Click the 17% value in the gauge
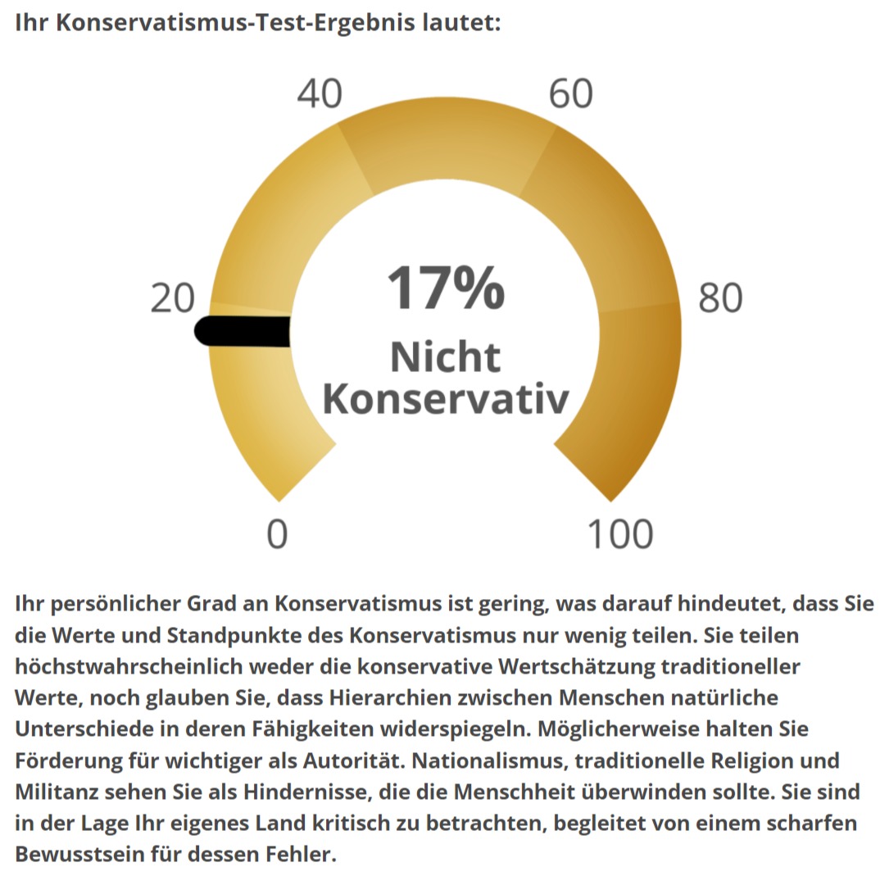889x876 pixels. [x=446, y=288]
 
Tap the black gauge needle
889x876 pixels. [x=243, y=331]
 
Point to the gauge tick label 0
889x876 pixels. [x=278, y=534]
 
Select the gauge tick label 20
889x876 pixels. [x=173, y=299]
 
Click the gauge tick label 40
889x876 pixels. [x=320, y=94]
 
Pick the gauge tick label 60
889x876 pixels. [x=570, y=94]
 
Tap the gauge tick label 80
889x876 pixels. [x=720, y=299]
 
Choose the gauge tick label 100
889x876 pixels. [x=621, y=534]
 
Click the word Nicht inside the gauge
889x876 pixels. [x=445, y=357]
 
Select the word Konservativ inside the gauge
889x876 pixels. [x=445, y=400]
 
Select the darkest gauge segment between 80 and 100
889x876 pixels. [x=634, y=393]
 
